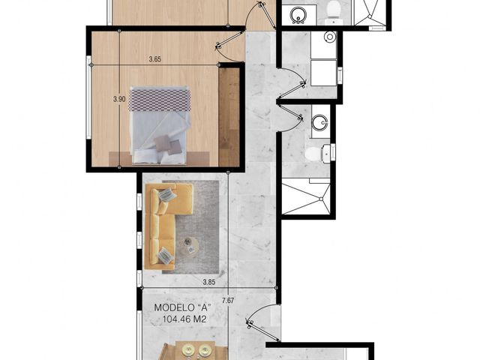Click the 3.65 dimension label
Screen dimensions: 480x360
click(155, 59)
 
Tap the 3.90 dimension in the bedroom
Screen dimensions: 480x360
click(119, 99)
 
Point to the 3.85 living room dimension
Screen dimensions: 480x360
click(209, 282)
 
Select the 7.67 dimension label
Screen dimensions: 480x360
click(228, 301)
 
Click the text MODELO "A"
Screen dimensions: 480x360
click(183, 307)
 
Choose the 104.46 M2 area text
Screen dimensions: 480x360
click(184, 319)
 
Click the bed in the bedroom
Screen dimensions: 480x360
click(159, 125)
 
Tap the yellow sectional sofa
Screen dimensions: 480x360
click(169, 226)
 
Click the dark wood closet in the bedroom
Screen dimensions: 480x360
click(229, 117)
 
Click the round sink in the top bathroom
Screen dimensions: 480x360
click(298, 15)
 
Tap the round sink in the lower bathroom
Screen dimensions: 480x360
click(320, 122)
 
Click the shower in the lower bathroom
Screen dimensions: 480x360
click(306, 199)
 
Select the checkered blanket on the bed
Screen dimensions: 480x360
click(159, 99)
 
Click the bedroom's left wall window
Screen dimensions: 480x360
click(88, 97)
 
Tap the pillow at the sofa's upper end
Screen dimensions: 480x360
click(167, 194)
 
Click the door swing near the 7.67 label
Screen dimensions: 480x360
click(262, 322)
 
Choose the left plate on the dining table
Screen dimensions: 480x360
click(187, 350)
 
